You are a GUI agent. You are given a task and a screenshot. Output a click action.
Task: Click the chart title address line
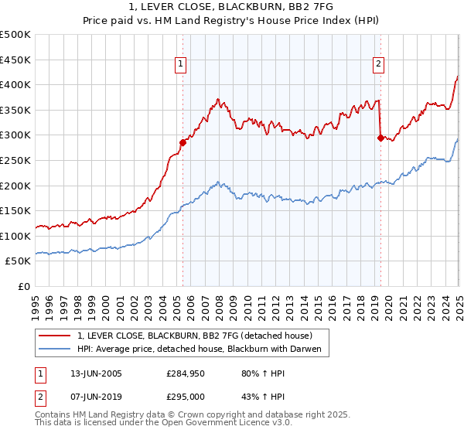232,8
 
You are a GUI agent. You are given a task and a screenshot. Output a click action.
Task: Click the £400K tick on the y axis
15,85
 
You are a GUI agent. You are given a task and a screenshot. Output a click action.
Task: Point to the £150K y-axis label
15,211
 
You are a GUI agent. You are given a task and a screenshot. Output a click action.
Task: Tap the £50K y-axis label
19,261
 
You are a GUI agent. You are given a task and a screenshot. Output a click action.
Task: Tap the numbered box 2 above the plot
379,64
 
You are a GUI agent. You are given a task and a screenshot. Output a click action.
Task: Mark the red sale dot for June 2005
183,142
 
